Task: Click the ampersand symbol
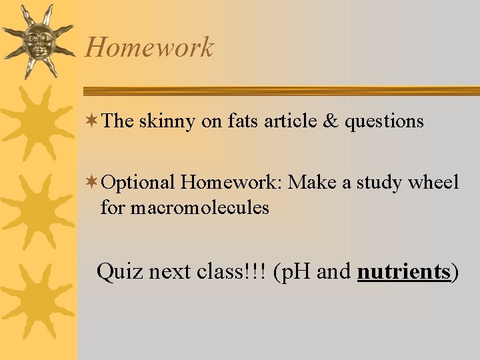(x=329, y=121)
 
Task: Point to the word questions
(x=384, y=122)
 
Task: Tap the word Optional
(x=139, y=183)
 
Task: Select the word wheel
(x=435, y=182)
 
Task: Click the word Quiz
(x=120, y=272)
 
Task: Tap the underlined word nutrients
(x=404, y=272)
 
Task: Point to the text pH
(x=294, y=273)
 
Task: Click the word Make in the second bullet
(x=311, y=182)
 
